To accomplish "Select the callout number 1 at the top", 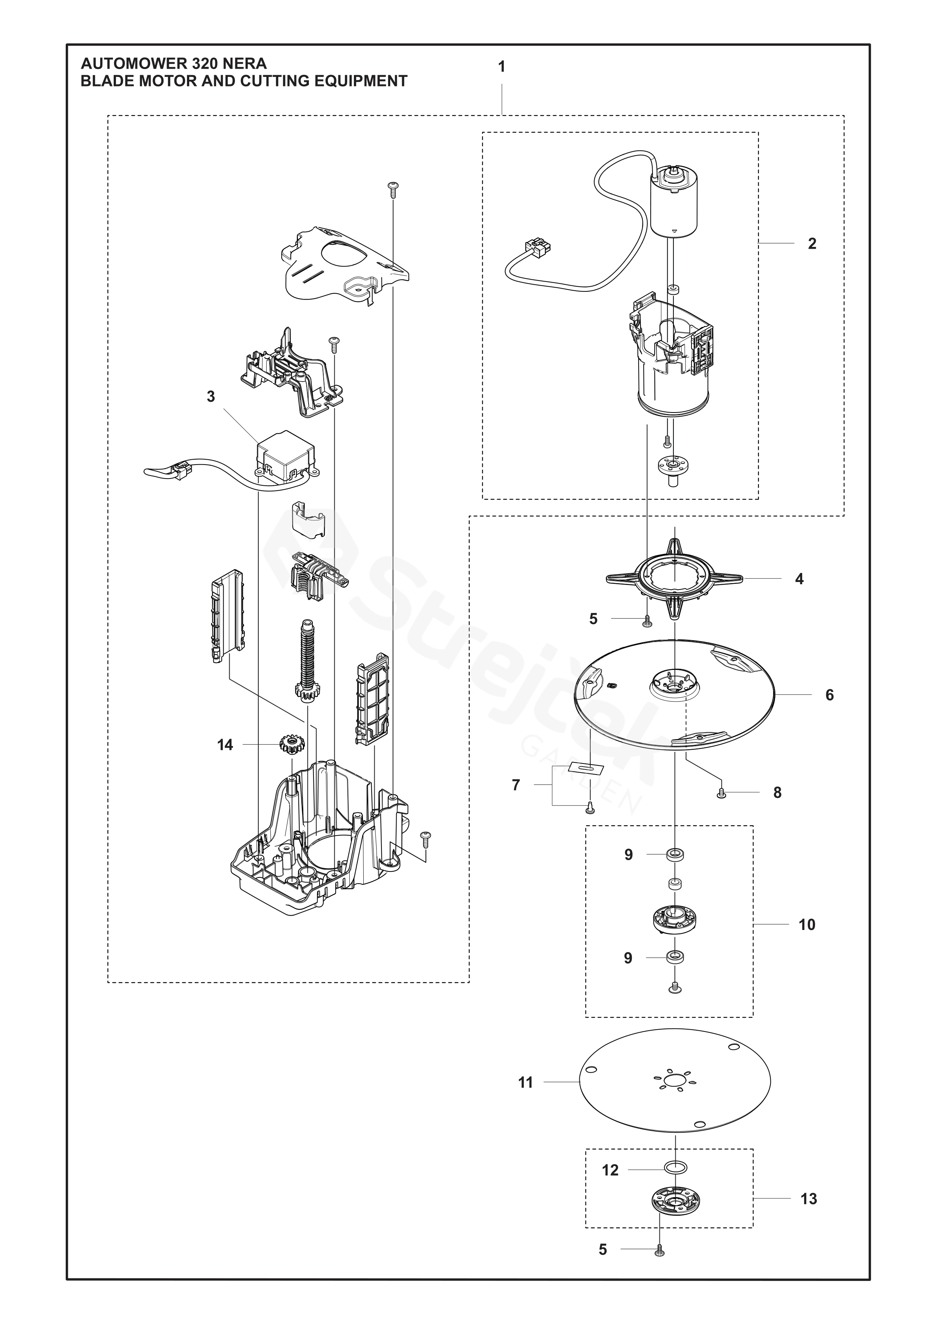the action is [x=502, y=67].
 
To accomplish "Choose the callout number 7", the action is [x=516, y=785].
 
